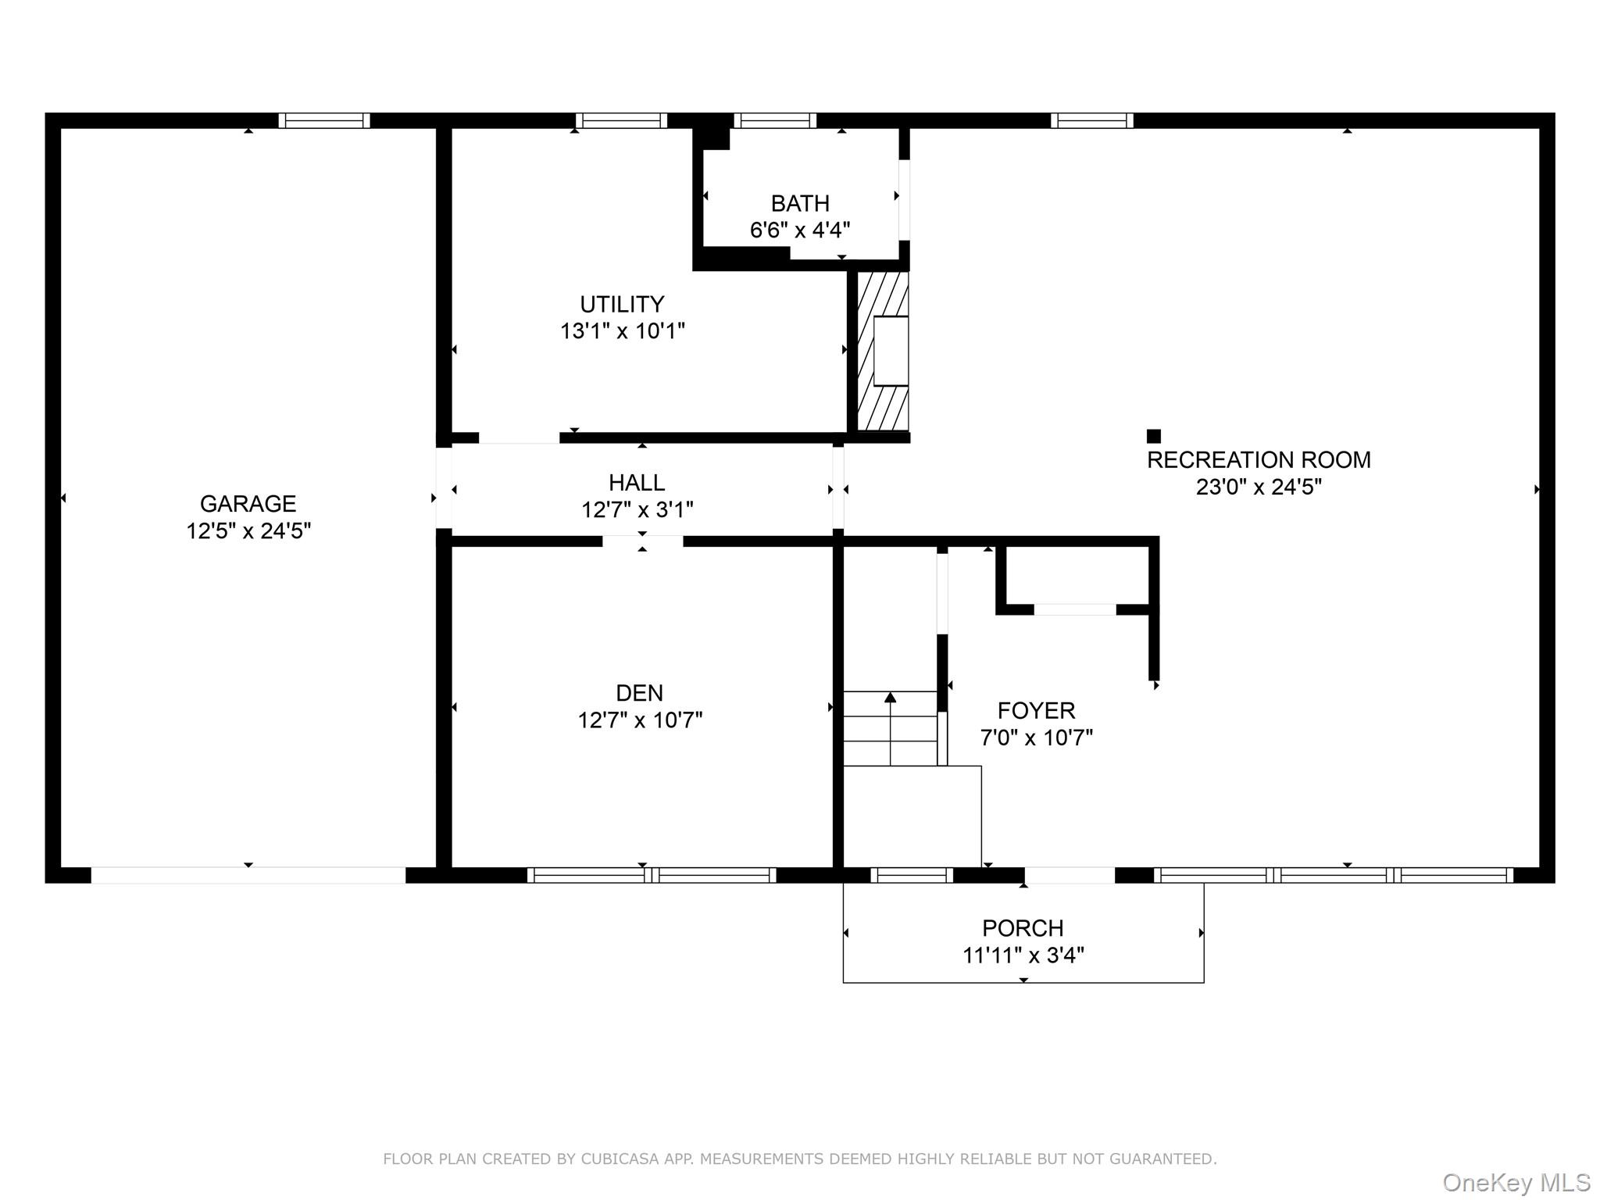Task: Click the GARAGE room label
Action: (248, 504)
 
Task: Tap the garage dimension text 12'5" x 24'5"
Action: (248, 531)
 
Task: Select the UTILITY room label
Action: (622, 304)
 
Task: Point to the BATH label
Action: (800, 203)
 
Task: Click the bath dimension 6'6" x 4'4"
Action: (800, 230)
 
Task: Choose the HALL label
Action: (637, 482)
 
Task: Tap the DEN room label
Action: (639, 693)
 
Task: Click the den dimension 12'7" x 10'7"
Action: (640, 720)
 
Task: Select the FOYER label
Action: (1036, 710)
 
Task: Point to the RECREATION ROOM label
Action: (1259, 459)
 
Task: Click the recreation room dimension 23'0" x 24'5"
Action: (1259, 487)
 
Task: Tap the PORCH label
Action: (1023, 928)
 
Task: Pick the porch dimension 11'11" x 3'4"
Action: (1023, 955)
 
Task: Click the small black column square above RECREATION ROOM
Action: (1153, 436)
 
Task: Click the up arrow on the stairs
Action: (890, 728)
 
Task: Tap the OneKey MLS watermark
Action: (1516, 1183)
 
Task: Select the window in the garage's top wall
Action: (324, 120)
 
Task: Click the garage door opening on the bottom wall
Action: (248, 875)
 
